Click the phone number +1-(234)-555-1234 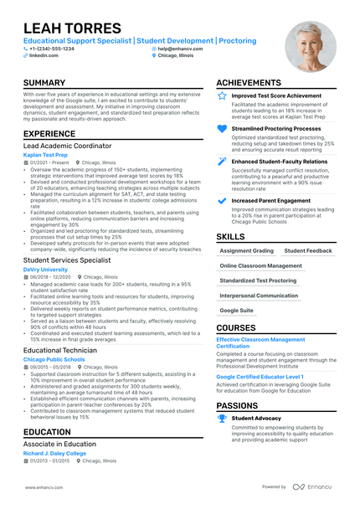pos(51,49)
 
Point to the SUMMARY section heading pos(44,83)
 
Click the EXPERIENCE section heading pos(49,134)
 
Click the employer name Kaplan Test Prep pos(45,155)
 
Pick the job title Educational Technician pos(59,350)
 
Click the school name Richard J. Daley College pos(54,454)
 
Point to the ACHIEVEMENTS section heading pos(255,83)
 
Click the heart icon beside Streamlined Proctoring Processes pos(222,129)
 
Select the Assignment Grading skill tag pos(246,250)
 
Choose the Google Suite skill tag pos(236,311)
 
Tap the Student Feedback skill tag pos(308,250)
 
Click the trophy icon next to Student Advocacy pos(222,417)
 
